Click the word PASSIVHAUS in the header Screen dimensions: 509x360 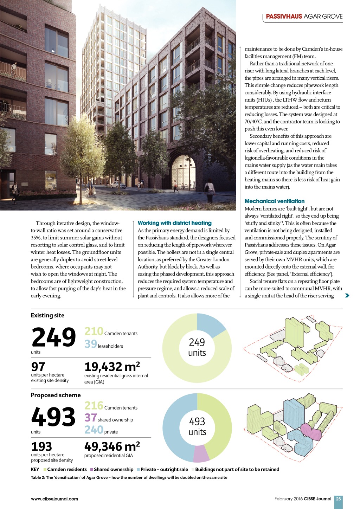pos(284,17)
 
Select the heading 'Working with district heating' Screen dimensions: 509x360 pos(174,223)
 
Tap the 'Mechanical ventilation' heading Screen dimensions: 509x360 pos(274,201)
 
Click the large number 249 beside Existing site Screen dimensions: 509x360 pos(53,337)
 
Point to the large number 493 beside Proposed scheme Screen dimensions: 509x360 pos(53,417)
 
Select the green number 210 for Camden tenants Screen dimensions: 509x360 pos(94,331)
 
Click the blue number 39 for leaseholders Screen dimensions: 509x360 pos(90,344)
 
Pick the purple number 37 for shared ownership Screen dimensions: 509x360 pos(90,418)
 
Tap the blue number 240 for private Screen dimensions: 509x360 pos(94,430)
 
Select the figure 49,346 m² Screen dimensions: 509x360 pos(112,446)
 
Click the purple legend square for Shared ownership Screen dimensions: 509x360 pos(92,470)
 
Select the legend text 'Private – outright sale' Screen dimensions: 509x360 pos(164,469)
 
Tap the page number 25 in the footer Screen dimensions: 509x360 pos(338,498)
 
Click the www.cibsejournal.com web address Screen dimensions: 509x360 pos(54,498)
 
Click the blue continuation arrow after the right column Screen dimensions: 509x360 pos(347,296)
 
